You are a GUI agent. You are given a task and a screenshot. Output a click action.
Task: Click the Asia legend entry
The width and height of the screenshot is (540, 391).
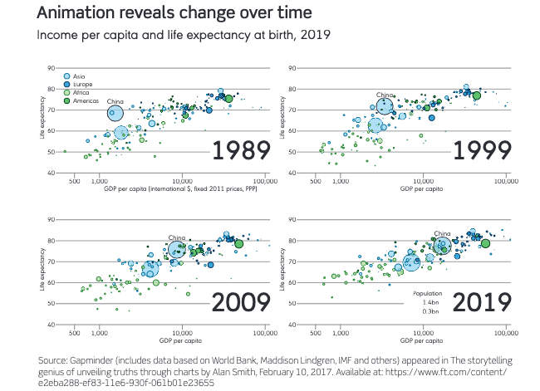(81, 76)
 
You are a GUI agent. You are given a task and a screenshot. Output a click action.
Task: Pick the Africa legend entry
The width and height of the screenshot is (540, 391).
(81, 93)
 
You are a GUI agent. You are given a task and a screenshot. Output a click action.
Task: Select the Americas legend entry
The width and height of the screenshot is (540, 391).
(86, 101)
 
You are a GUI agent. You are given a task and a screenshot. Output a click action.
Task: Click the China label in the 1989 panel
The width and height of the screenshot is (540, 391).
(115, 101)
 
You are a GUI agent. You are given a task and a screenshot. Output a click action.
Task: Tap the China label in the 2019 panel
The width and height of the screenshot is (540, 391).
(442, 233)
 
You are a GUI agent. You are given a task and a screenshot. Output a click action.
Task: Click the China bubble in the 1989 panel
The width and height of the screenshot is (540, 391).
(115, 114)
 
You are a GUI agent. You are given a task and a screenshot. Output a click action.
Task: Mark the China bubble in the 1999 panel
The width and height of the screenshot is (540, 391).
(384, 106)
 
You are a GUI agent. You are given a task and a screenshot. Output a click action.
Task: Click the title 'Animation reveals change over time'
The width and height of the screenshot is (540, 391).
(164, 14)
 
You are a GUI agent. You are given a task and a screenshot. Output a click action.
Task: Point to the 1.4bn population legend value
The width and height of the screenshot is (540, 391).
(430, 303)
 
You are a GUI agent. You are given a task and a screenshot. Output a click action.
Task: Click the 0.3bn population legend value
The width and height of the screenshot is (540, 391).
(430, 312)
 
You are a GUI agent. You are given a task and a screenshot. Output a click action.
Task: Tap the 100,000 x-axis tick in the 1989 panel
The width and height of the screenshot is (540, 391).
(265, 180)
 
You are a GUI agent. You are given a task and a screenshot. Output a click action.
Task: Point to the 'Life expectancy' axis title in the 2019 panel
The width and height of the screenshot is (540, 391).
(285, 272)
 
